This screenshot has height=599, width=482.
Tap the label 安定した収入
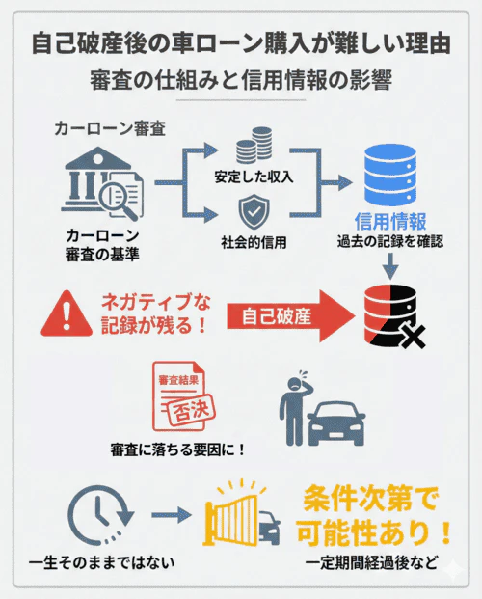tap(254, 179)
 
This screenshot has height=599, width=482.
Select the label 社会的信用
tap(254, 241)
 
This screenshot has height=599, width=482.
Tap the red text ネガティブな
tap(154, 302)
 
